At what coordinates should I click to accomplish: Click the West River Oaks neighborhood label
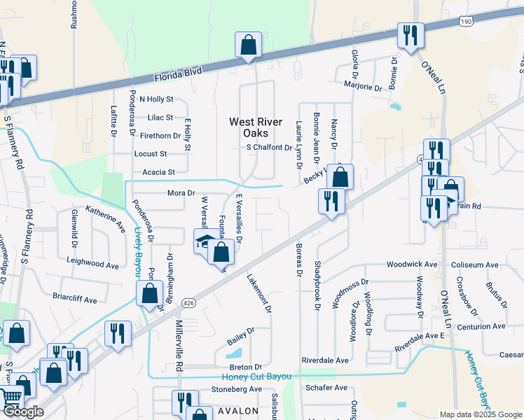pos(256,127)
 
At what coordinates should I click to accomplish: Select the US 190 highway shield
pos(467,22)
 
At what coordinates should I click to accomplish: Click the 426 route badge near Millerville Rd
pos(187,303)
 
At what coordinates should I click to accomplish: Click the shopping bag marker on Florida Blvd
pos(248,45)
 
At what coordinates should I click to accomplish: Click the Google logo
pos(23,412)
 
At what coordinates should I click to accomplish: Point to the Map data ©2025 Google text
pos(481,414)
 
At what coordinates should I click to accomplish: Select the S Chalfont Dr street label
pos(268,148)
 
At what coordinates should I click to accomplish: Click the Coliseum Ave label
pos(478,265)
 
